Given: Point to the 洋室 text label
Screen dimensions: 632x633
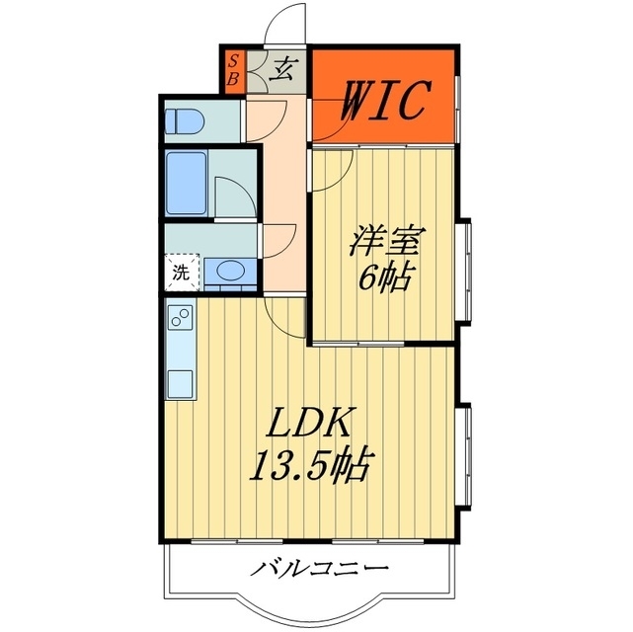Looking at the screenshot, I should pyautogui.click(x=386, y=240).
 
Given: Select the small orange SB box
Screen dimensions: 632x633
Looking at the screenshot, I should pyautogui.click(x=234, y=69).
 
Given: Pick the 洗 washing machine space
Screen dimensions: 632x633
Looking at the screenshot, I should pyautogui.click(x=181, y=272).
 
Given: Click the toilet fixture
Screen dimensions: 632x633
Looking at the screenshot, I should pyautogui.click(x=184, y=121).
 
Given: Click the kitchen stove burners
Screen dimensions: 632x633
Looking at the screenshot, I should pyautogui.click(x=181, y=317).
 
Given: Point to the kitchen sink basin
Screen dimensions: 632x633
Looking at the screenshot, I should pyautogui.click(x=181, y=382).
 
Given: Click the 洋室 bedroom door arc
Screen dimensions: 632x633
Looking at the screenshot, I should pyautogui.click(x=333, y=170).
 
